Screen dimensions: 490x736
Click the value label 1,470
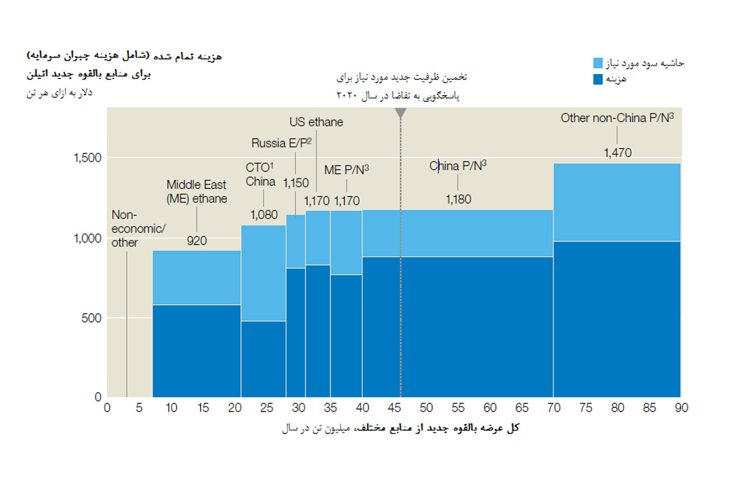617,153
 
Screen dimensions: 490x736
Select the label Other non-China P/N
617,118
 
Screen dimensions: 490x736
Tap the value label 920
196,241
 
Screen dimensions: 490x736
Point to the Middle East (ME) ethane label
196,191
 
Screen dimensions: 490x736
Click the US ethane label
316,122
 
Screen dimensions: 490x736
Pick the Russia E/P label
282,143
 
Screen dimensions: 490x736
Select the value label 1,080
264,215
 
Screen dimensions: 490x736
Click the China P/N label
458,166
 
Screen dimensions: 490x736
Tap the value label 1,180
458,200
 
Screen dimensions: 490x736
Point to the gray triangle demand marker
401,113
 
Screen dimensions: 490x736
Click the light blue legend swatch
599,63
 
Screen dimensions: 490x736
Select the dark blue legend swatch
599,78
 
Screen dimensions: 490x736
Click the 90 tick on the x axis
681,408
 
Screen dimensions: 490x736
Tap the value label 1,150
296,183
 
